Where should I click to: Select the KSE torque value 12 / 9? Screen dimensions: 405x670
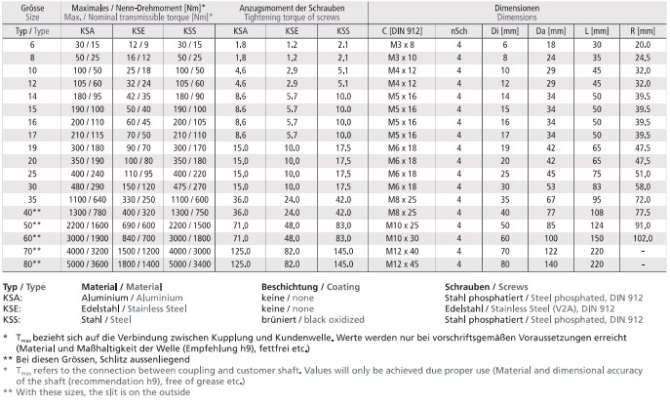(139, 46)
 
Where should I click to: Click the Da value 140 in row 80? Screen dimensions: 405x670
(549, 263)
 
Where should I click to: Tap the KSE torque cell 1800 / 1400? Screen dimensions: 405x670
(139, 263)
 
